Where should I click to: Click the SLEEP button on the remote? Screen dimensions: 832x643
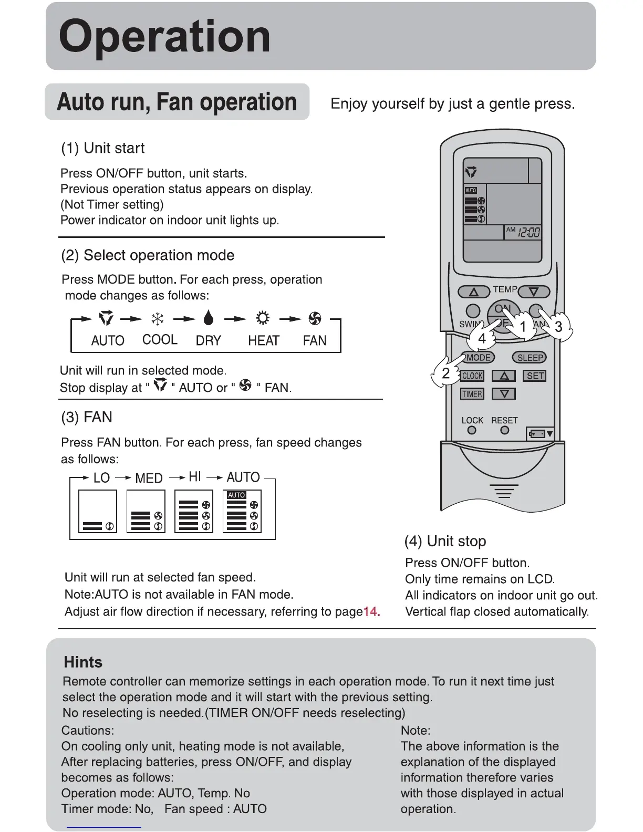[x=529, y=358]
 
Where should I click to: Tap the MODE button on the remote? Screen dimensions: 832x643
[x=478, y=358]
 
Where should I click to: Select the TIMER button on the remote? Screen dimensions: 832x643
[x=472, y=394]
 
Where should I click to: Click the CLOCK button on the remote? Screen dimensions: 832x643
[x=472, y=376]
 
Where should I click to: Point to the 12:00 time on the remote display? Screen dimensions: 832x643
[x=528, y=232]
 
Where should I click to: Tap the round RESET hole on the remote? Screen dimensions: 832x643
[x=505, y=430]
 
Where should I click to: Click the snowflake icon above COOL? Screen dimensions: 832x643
[x=158, y=319]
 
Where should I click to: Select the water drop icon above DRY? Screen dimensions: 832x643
[x=209, y=318]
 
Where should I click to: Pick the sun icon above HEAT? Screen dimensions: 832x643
[x=263, y=318]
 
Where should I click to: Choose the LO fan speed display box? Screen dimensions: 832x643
[x=97, y=511]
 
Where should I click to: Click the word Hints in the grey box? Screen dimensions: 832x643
[x=83, y=662]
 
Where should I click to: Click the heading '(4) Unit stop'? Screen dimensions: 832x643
[x=445, y=541]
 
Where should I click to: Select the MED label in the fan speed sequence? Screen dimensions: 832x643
[x=149, y=478]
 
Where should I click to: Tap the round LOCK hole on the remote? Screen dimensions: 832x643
[x=472, y=430]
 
